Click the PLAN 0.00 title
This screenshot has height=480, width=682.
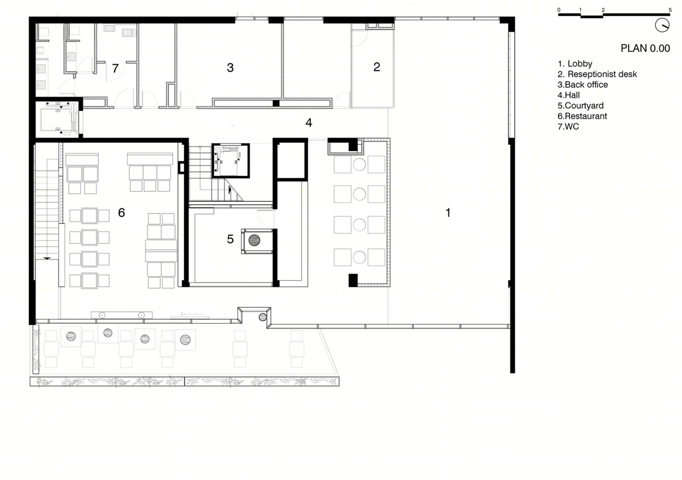[x=645, y=48]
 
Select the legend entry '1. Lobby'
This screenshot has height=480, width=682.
[x=575, y=64]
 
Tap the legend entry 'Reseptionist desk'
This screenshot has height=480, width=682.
[x=602, y=74]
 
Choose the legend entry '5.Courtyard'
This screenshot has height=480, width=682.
[x=580, y=106]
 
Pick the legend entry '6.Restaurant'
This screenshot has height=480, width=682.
[x=582, y=116]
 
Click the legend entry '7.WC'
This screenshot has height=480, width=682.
[x=568, y=126]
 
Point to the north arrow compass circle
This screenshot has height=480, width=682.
[x=662, y=25]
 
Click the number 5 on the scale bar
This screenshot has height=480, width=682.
[x=670, y=10]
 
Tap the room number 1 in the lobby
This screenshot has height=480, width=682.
[x=448, y=212]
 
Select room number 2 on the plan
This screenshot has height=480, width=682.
[x=377, y=67]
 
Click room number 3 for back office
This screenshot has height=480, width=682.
[x=230, y=68]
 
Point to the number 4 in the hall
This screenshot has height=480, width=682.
[x=309, y=123]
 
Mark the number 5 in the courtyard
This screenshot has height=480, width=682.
[x=230, y=239]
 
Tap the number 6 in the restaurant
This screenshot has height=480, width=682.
[x=122, y=212]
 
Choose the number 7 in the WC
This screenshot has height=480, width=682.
[x=115, y=68]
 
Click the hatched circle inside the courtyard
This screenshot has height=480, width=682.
[x=254, y=240]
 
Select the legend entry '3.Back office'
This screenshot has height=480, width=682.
[x=583, y=85]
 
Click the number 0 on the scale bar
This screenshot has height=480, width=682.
[x=559, y=10]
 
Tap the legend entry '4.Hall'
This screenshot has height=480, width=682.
[x=569, y=95]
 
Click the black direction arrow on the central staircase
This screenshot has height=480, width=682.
[x=230, y=190]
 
